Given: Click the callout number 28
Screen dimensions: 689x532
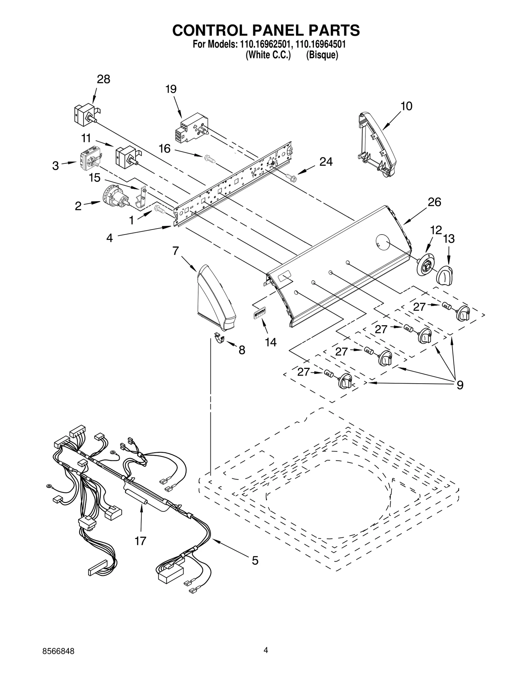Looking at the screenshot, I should point(103,80).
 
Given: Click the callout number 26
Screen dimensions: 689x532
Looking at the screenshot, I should point(434,202).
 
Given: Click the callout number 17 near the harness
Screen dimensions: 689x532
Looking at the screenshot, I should point(140,541).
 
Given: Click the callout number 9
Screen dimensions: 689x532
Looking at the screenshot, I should point(460,385).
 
